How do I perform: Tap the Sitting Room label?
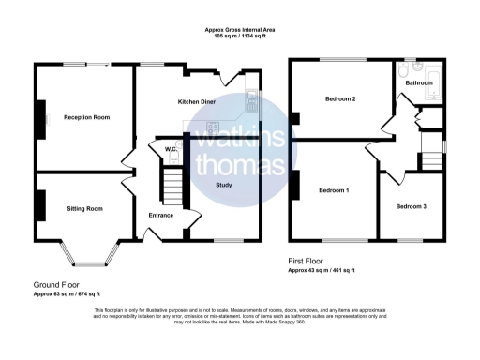83,208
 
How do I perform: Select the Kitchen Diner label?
198,100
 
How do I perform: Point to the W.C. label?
172,149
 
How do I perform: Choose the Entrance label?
161,215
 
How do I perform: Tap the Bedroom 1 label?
334,190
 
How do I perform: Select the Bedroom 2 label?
340,97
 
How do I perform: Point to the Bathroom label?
418,83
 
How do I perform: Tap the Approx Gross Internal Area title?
240,30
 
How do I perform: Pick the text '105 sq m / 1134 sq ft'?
240,37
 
